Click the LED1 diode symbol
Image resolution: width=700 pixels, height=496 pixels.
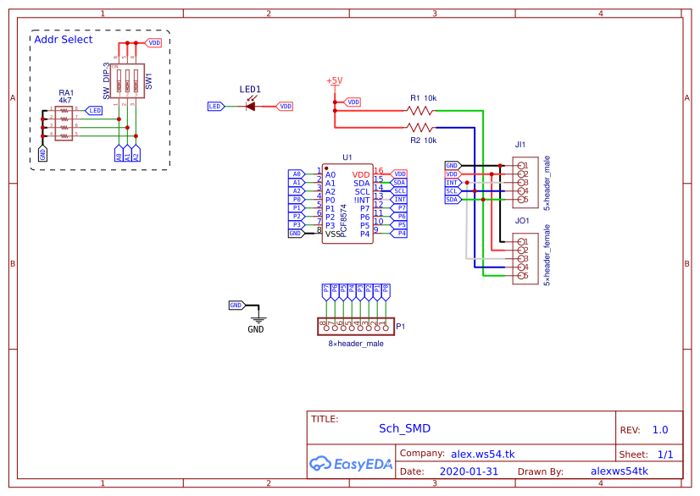(252, 106)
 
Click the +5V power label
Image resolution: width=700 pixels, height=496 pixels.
(334, 81)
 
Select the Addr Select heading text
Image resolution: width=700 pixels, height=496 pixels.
(64, 40)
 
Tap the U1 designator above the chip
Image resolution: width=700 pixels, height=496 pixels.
(347, 157)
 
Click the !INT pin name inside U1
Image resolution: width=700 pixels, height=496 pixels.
(363, 200)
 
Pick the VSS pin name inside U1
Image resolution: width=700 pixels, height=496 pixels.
(334, 234)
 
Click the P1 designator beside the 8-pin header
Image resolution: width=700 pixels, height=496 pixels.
(401, 326)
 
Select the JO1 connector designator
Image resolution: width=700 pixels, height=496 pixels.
(522, 221)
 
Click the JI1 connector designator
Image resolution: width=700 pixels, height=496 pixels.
(520, 145)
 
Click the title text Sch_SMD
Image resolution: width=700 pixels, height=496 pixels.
(404, 428)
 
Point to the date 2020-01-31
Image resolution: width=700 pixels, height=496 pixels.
(469, 471)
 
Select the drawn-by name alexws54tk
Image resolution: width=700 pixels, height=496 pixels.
(619, 471)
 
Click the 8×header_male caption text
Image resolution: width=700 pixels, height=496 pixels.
(356, 343)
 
